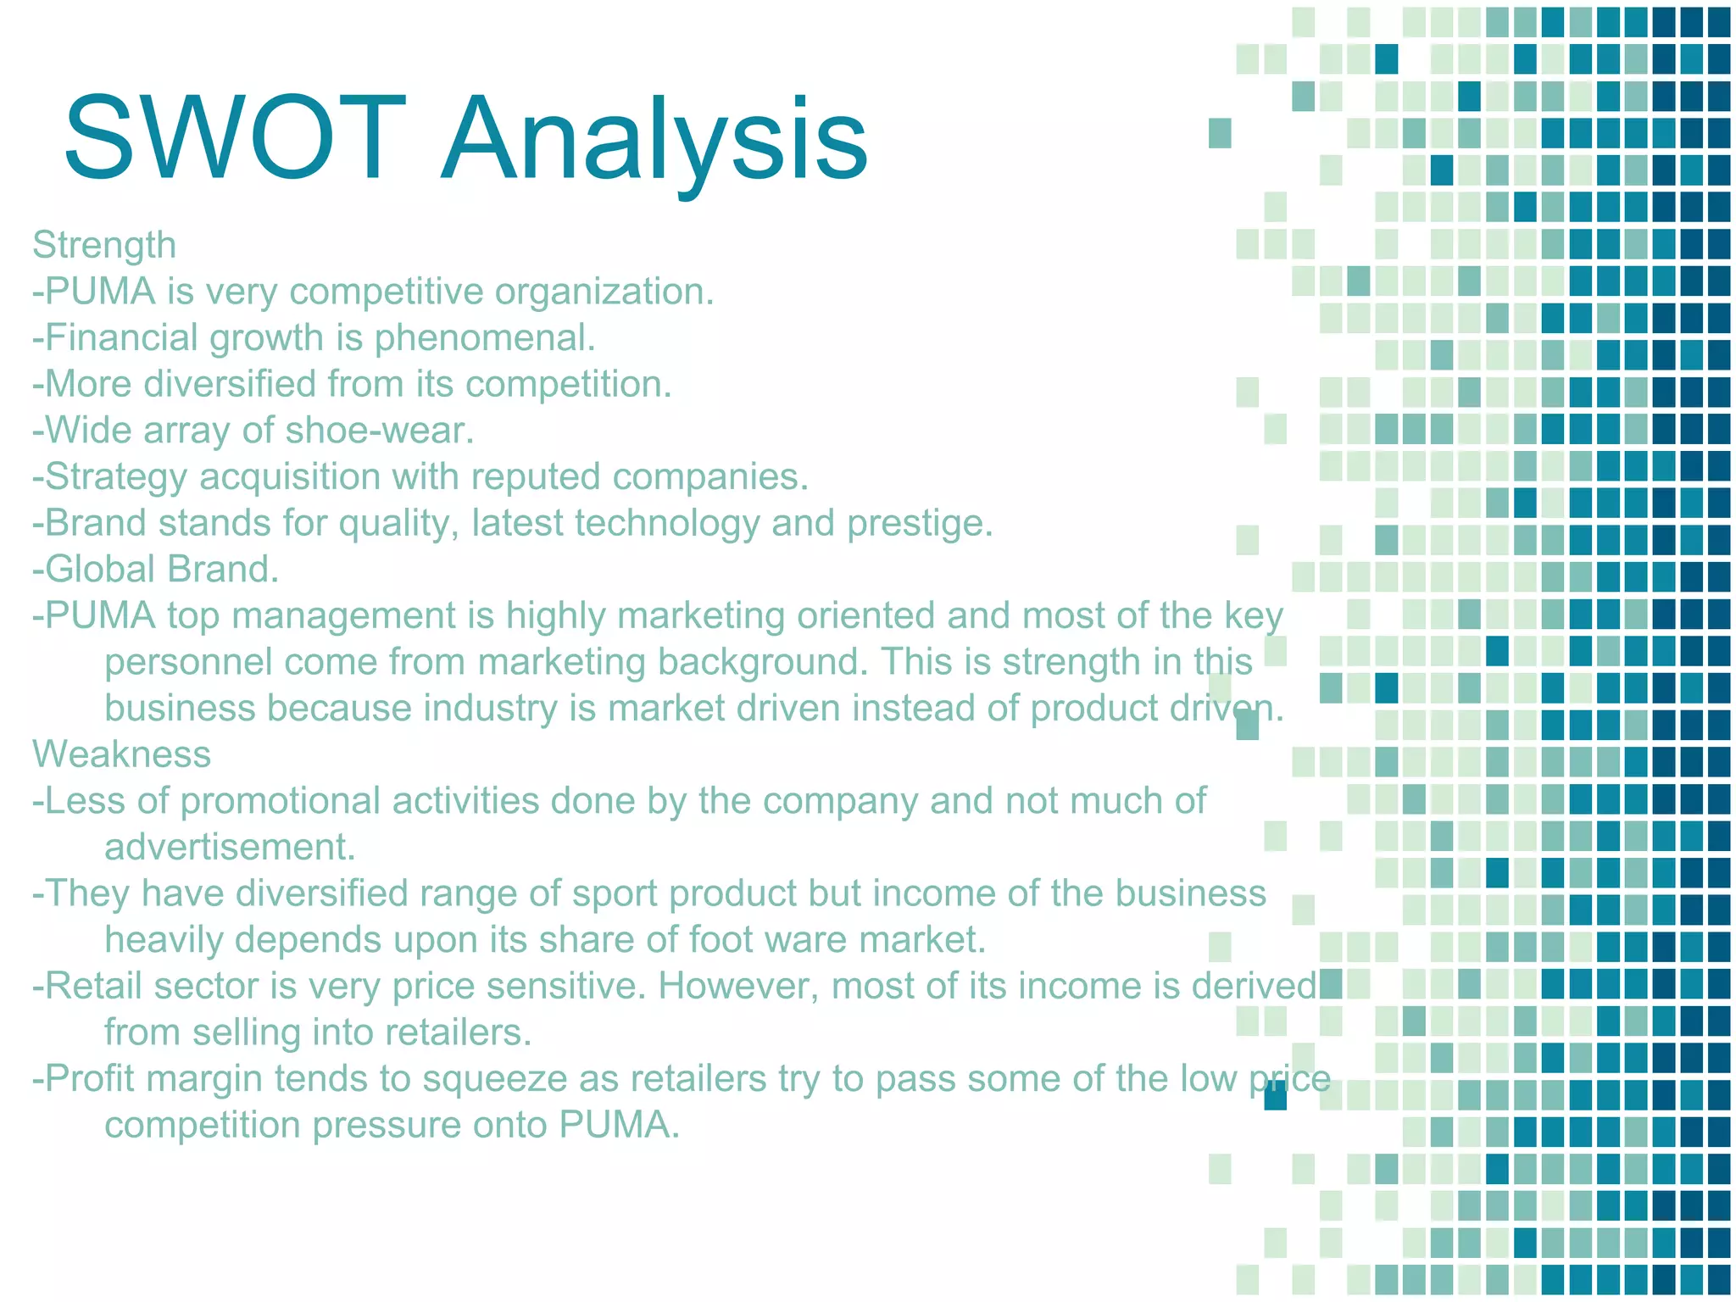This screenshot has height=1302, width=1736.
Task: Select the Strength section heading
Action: coord(104,245)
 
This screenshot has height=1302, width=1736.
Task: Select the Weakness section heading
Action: coord(121,754)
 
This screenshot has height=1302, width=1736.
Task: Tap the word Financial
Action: coord(120,337)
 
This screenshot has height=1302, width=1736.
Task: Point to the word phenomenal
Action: coord(485,338)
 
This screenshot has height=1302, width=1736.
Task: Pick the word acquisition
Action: coord(289,477)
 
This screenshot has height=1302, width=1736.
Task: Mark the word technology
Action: coord(666,523)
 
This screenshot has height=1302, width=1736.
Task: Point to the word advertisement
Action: coord(230,847)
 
